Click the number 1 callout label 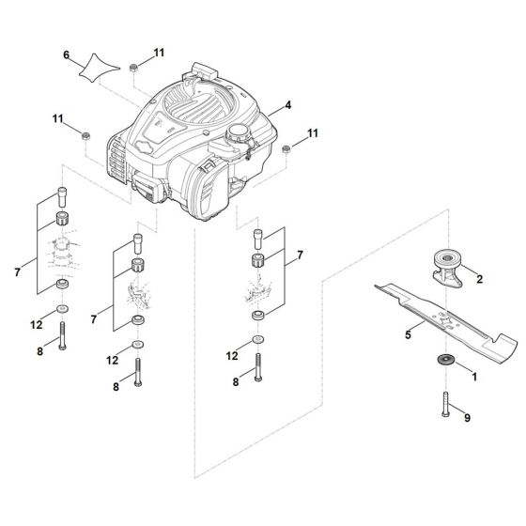click(x=472, y=376)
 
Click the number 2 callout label click(x=479, y=279)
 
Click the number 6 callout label click(x=66, y=56)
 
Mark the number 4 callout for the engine click(x=288, y=106)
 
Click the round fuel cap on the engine click(x=235, y=133)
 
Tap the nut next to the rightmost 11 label click(x=285, y=149)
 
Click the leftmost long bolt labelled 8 click(x=62, y=335)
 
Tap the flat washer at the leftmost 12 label click(x=62, y=309)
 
